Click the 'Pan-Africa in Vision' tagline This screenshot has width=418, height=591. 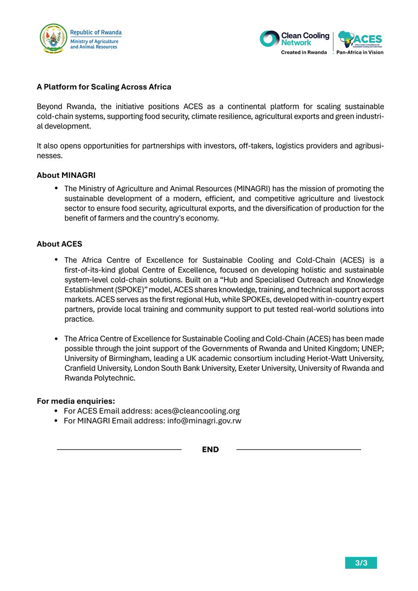click(x=360, y=52)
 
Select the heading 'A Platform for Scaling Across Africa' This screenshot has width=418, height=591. click(x=104, y=87)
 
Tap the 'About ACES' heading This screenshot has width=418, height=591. click(x=59, y=244)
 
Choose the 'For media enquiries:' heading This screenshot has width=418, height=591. click(x=76, y=401)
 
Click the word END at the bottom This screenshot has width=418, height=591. click(x=210, y=450)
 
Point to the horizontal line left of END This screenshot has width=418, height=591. click(x=119, y=450)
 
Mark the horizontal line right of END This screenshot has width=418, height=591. click(x=298, y=450)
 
